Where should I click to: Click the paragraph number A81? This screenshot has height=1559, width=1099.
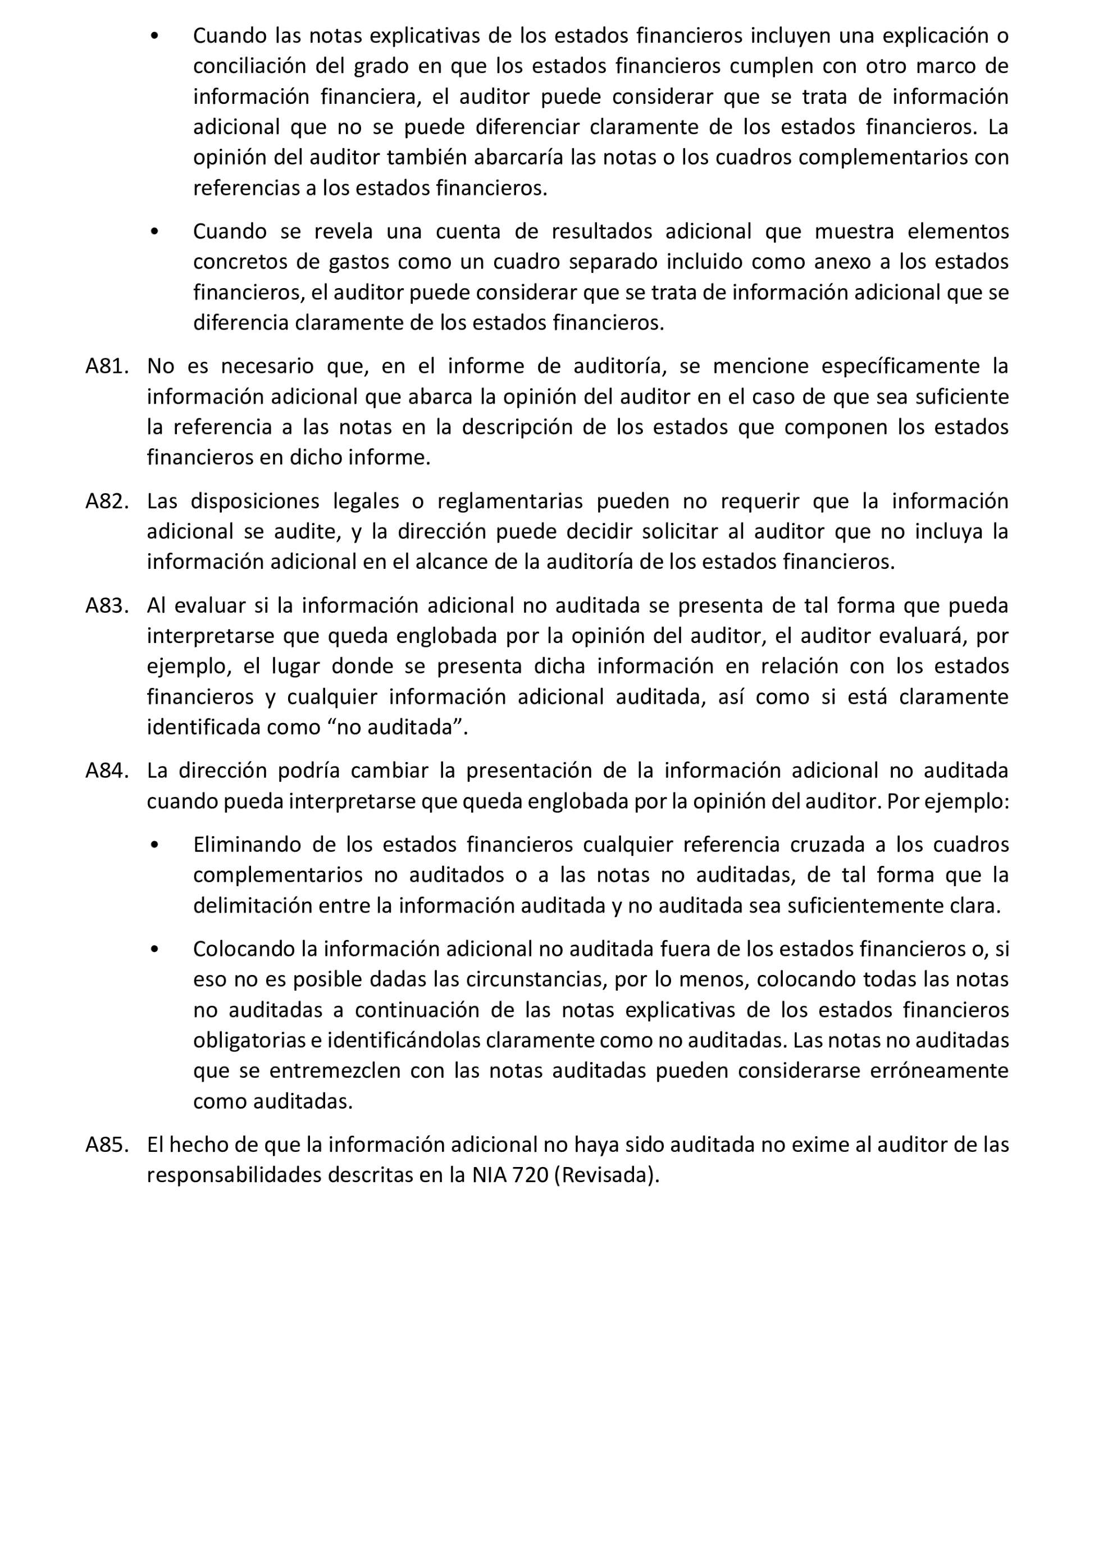click(x=107, y=366)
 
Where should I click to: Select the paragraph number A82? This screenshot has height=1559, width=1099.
click(x=107, y=501)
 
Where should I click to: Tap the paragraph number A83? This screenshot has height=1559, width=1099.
click(x=107, y=605)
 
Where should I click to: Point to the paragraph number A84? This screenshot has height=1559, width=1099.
click(x=107, y=771)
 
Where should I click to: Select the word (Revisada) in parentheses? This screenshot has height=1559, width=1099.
click(x=607, y=1175)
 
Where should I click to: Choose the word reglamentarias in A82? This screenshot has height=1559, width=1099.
click(x=510, y=501)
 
